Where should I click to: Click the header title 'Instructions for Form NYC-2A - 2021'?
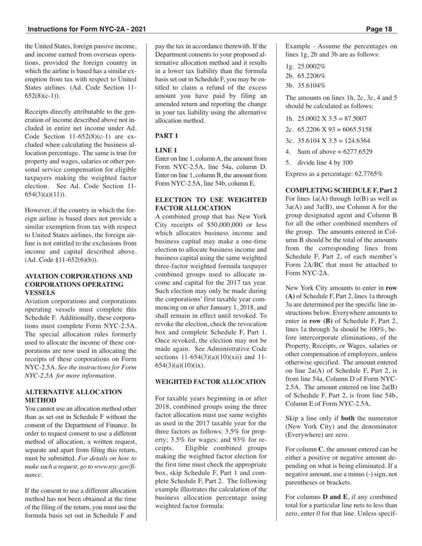click(x=87, y=30)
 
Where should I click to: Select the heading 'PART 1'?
click(x=167, y=136)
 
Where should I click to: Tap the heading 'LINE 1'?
click(x=166, y=150)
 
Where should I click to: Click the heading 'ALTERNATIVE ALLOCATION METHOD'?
click(x=73, y=396)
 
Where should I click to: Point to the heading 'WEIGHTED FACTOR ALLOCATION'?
click(x=211, y=382)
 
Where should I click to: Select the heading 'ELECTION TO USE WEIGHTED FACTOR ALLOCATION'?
click(x=211, y=204)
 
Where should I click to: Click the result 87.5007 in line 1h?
click(x=353, y=119)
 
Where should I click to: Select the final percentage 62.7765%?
click(x=367, y=174)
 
